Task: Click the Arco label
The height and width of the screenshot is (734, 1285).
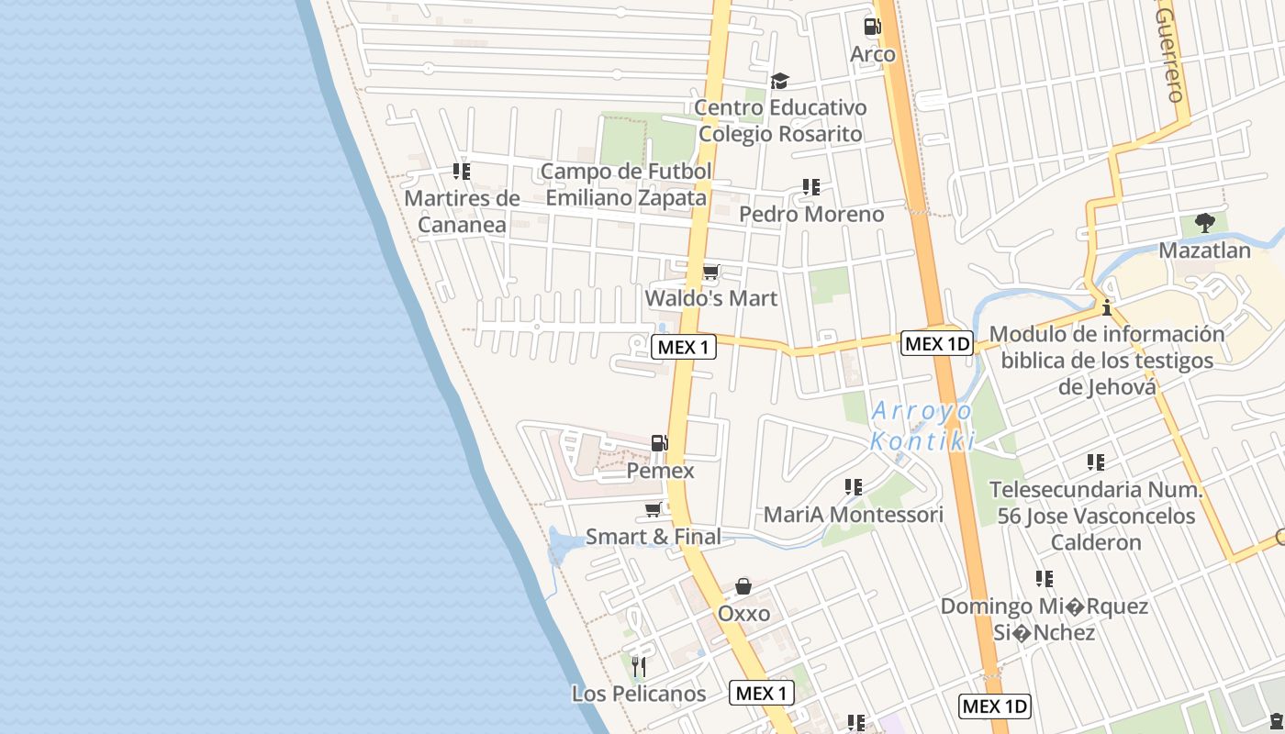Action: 872,54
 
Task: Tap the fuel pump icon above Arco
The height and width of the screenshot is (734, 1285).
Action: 872,27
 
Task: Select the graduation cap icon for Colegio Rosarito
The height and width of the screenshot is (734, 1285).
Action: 779,81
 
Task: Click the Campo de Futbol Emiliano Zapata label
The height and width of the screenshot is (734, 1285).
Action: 626,184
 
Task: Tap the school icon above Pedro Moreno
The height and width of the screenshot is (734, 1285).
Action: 810,187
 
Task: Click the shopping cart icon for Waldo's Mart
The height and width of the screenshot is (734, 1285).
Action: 710,272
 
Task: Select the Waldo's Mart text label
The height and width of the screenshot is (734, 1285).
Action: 710,298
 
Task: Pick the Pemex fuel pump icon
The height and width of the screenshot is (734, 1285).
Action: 660,443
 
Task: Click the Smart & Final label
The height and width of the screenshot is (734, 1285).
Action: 654,537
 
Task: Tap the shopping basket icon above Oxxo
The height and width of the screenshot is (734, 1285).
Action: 743,586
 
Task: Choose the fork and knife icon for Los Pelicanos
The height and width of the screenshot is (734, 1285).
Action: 639,666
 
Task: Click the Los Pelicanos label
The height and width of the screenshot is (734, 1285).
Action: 639,694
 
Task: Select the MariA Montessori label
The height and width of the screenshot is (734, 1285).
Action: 854,515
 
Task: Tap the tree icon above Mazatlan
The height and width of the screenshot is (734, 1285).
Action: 1205,223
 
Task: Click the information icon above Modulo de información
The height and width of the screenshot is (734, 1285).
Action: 1107,306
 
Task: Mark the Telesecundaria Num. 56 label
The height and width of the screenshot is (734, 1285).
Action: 1096,516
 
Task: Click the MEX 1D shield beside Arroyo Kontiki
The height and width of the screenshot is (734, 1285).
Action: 936,343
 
